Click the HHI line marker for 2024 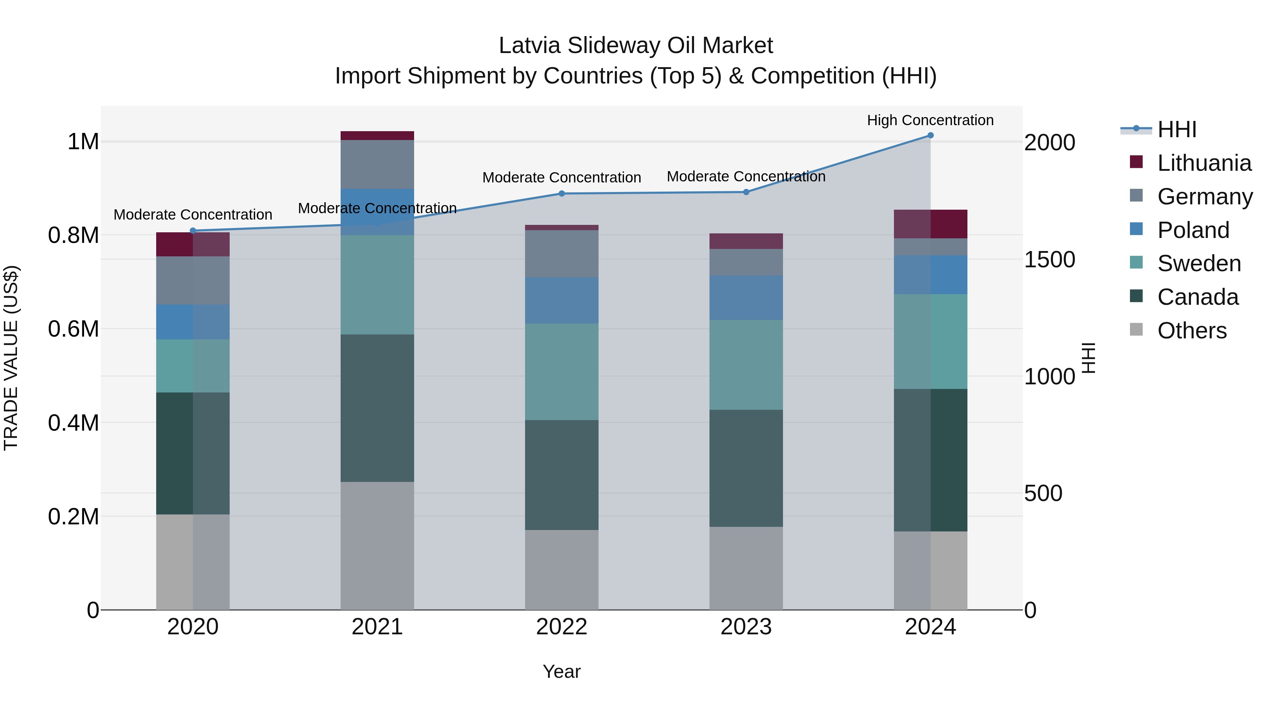tap(930, 135)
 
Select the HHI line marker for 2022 tap(561, 194)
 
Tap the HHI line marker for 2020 tap(193, 231)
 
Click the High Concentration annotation tap(930, 120)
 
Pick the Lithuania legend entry tap(1204, 163)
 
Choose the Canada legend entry tap(1197, 297)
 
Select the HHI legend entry tap(1177, 129)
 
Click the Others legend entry tap(1191, 331)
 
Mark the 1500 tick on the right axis tap(1049, 260)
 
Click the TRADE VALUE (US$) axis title tap(11, 358)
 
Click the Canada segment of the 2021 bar tap(377, 408)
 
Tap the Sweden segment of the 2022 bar tap(561, 372)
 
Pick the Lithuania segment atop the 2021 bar tap(377, 136)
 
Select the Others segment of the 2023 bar tap(746, 568)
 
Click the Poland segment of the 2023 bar tap(746, 297)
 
